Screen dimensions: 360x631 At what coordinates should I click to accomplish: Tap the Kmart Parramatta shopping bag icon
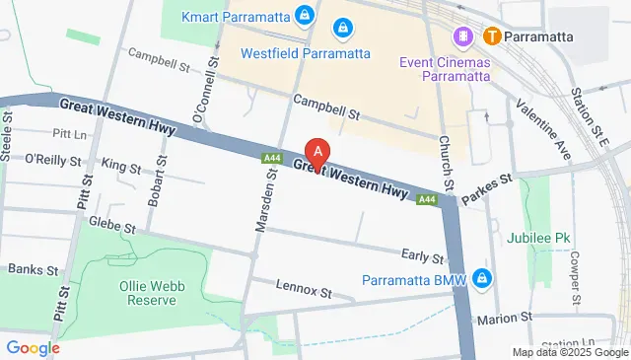coord(306,17)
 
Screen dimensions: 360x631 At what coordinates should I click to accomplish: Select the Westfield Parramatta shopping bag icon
coord(343,29)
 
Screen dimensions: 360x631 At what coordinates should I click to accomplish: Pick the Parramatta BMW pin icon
coord(481,277)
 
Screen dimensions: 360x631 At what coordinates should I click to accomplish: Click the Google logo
coord(33,347)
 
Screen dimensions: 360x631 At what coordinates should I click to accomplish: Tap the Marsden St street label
coord(263,203)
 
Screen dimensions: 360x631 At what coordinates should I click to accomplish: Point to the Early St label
coord(424,256)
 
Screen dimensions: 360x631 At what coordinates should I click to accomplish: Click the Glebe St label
coord(110,226)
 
